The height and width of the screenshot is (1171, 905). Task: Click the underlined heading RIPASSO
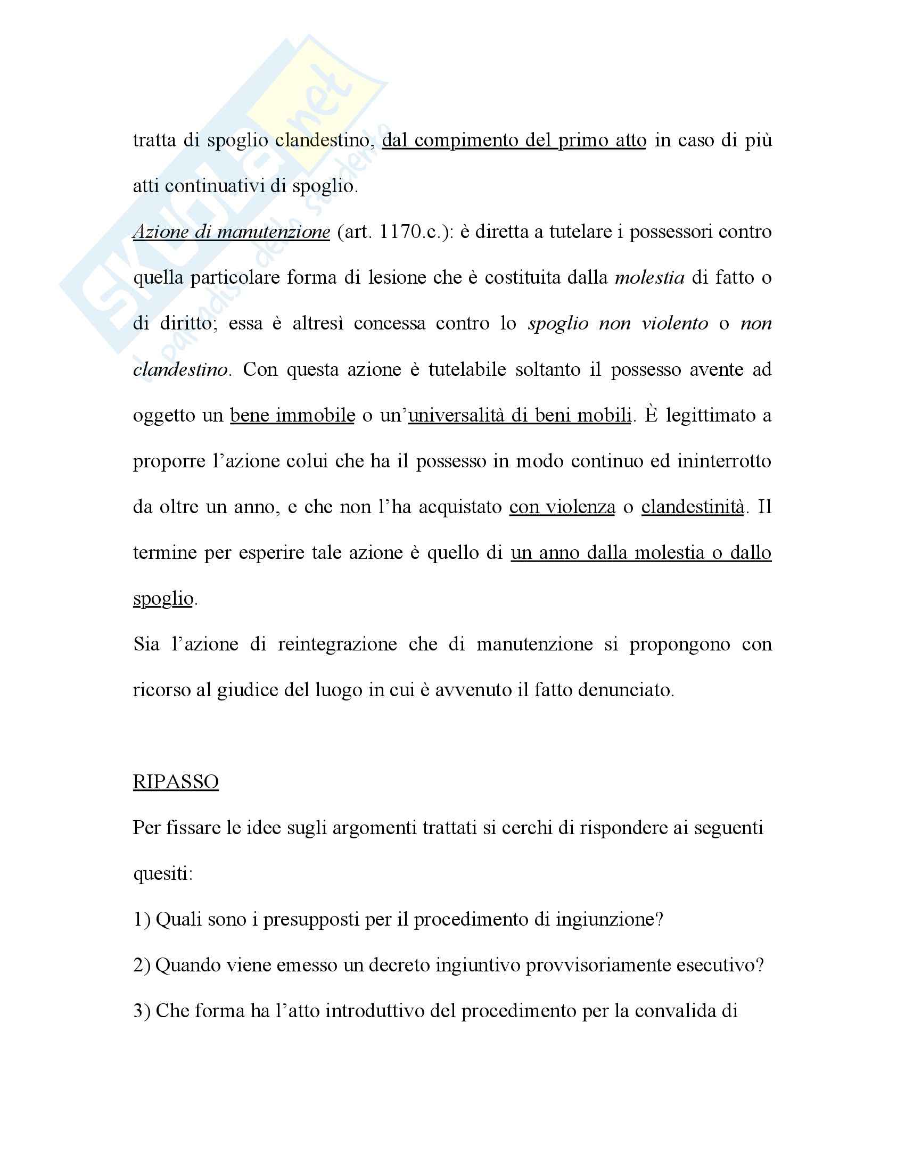[x=175, y=782]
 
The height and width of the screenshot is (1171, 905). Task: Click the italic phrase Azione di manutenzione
[x=231, y=232]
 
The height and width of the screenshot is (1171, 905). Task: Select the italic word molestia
[x=649, y=278]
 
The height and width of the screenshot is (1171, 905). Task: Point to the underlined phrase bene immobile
[x=292, y=415]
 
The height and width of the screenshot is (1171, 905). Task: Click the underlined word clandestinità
[x=692, y=507]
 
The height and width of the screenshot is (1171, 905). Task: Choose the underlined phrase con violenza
[x=562, y=507]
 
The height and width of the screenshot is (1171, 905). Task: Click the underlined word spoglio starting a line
[x=162, y=598]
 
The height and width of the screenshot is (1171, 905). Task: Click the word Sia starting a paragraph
[x=146, y=644]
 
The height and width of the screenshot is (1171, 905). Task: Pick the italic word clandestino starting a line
[x=180, y=369]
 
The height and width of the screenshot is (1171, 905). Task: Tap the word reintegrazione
[x=336, y=644]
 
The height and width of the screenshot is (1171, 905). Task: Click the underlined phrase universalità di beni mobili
[x=520, y=415]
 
